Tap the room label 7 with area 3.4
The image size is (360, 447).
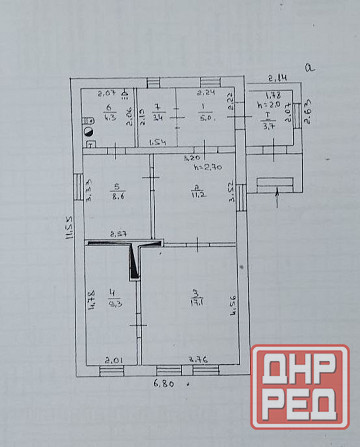pyautogui.click(x=158, y=111)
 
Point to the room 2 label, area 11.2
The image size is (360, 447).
pyautogui.click(x=199, y=193)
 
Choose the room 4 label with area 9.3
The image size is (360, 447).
pyautogui.click(x=112, y=300)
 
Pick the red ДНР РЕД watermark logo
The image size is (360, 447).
pyautogui.click(x=299, y=389)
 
